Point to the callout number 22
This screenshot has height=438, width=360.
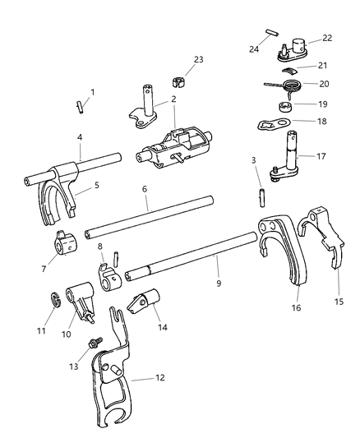(327, 39)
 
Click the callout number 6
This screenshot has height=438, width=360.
(144, 188)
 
